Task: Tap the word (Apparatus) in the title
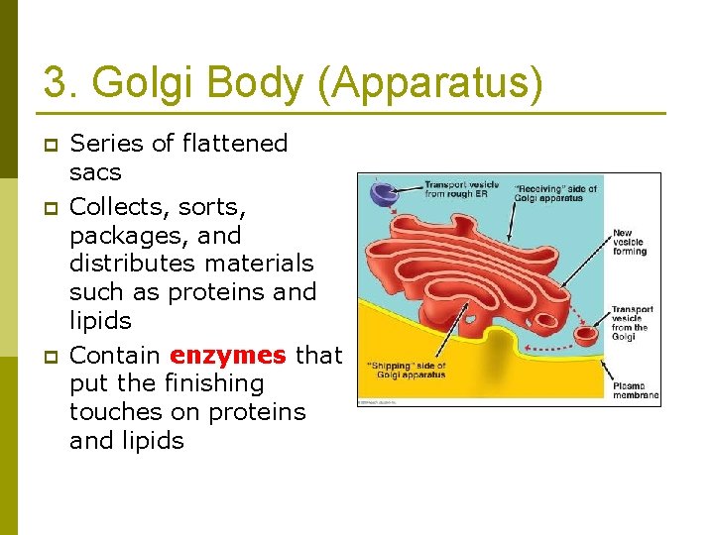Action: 429,83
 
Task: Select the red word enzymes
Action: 228,355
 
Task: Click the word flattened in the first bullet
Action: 235,144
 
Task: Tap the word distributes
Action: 136,265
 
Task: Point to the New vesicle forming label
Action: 630,242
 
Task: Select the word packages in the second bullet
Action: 124,237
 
